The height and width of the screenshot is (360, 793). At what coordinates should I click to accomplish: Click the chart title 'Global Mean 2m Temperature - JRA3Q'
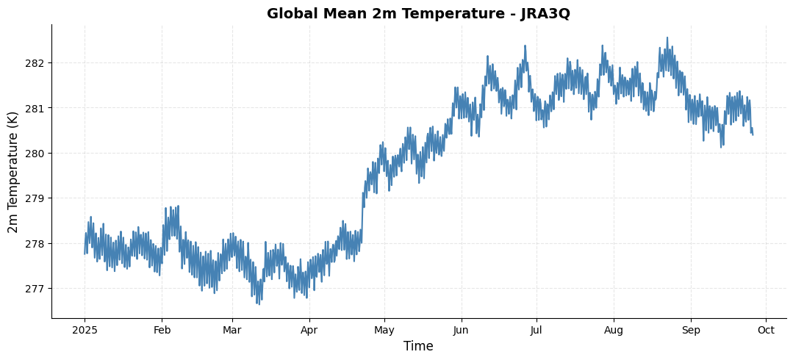pos(418,14)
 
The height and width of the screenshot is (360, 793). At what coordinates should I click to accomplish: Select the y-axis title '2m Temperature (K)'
pos(13,171)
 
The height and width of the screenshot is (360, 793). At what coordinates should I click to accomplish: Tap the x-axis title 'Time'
pos(418,346)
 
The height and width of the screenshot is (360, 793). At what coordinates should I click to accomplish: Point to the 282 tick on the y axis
pos(35,63)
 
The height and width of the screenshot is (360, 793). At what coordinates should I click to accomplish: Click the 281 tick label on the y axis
pos(35,108)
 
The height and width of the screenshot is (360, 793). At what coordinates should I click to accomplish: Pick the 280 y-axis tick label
pos(35,154)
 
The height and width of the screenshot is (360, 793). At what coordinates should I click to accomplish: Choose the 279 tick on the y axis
pos(35,198)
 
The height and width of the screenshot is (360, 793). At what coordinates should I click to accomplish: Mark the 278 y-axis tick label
pos(35,244)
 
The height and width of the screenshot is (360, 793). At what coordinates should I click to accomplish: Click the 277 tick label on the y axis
pos(35,289)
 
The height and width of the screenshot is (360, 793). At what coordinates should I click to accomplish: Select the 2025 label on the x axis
pos(85,331)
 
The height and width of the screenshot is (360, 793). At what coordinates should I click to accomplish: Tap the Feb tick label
pos(162,331)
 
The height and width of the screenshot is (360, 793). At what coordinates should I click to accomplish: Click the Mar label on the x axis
pos(232,331)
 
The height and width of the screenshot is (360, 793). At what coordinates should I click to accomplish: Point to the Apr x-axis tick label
pos(310,331)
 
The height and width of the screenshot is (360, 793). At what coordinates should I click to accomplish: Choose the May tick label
pos(385,331)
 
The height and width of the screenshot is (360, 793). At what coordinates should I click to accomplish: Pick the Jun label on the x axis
pos(462,331)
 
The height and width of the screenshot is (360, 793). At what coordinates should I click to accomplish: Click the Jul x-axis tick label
pos(537,331)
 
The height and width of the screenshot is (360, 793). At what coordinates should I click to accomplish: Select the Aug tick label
pos(614,331)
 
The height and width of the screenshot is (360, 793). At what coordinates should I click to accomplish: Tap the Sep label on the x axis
pos(691,331)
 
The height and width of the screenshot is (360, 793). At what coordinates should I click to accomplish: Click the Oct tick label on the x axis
pos(766,331)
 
